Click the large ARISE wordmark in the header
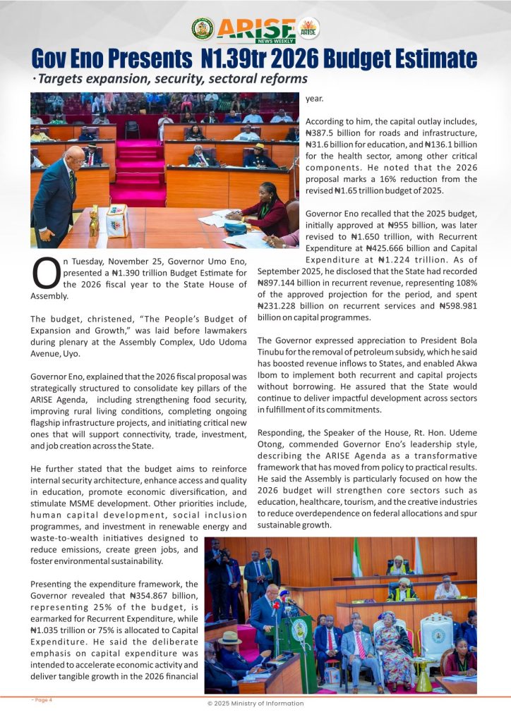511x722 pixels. pyautogui.click(x=255, y=28)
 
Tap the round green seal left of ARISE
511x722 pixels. pyautogui.click(x=203, y=28)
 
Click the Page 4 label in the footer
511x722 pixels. pyautogui.click(x=42, y=700)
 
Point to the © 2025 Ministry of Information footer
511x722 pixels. pyautogui.click(x=255, y=703)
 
